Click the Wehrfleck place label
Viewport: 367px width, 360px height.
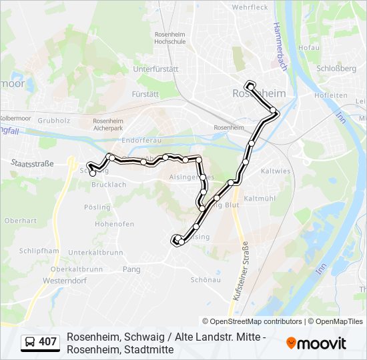(250, 7)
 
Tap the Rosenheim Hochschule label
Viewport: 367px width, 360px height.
(169, 37)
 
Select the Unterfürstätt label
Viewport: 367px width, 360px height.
(155, 69)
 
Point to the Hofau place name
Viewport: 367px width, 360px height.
(309, 48)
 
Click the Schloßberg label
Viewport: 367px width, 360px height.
(336, 68)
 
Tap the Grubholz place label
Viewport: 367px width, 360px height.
(54, 121)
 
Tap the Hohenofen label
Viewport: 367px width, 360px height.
(110, 224)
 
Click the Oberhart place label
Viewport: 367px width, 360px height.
(20, 220)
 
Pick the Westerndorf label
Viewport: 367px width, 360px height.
(65, 281)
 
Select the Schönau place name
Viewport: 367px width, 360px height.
(206, 280)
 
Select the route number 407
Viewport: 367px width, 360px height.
(48, 342)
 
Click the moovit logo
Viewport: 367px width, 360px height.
(316, 343)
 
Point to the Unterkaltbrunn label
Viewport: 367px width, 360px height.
(95, 253)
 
